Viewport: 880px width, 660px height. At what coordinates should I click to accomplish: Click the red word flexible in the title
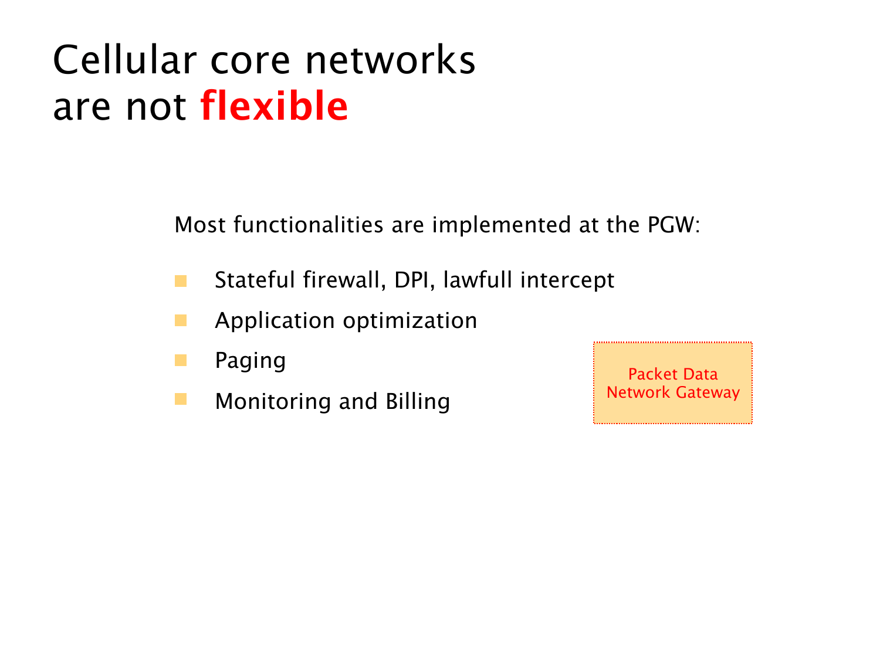274,105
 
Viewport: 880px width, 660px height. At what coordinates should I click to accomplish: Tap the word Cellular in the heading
125,59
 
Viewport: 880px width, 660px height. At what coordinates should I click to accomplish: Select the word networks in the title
390,59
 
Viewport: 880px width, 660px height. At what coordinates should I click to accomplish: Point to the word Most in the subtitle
200,225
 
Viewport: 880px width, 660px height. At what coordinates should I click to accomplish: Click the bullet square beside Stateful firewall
181,281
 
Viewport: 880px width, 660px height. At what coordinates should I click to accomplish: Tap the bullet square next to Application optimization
181,320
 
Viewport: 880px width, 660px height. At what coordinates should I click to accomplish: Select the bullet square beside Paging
181,360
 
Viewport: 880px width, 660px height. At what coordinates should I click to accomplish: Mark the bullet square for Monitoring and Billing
181,399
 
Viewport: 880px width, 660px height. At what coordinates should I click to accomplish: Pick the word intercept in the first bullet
567,280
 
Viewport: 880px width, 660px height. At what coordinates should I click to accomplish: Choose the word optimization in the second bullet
409,320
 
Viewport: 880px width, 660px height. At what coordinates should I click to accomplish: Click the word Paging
250,360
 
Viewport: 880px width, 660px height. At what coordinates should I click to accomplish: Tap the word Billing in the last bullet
418,401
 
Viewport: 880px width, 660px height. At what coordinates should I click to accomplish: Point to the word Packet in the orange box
653,374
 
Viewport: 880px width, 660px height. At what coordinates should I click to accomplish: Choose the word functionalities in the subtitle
309,225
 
